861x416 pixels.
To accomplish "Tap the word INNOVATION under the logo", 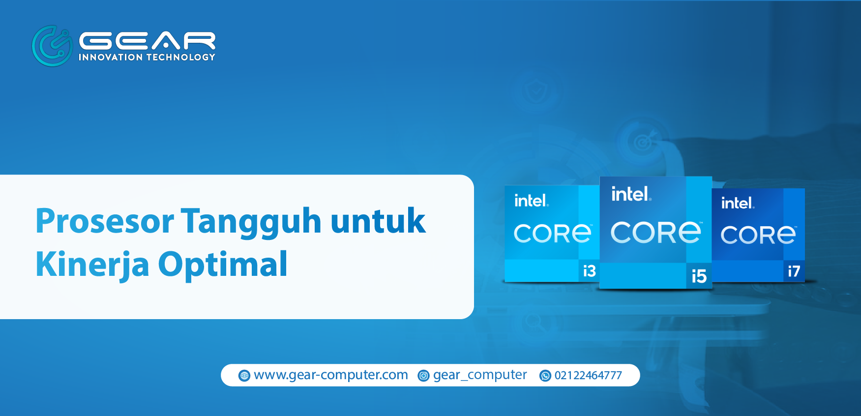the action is (111, 57).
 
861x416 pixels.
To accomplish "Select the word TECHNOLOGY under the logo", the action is (181, 57).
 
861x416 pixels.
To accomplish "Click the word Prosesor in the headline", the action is (105, 221).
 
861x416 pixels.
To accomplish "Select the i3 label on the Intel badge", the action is (589, 271).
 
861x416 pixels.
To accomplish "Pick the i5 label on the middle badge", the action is (699, 276).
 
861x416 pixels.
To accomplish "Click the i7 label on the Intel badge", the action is (794, 271).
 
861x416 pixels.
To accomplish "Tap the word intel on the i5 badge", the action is (631, 194).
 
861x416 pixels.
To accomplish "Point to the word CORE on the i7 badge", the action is (758, 235).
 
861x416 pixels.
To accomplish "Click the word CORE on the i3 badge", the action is (552, 233).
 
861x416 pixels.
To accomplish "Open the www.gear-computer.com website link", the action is (331, 375).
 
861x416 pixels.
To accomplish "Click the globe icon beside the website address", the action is (244, 376).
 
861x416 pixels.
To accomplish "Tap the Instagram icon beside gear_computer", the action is (423, 376).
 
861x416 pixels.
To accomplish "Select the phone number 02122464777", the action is (588, 376).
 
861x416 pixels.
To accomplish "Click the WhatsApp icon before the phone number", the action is (545, 376).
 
